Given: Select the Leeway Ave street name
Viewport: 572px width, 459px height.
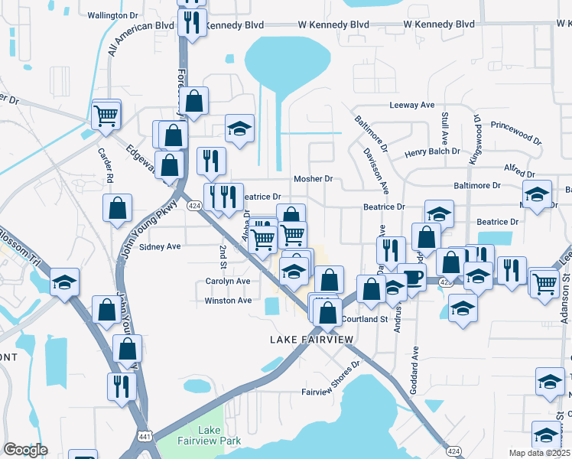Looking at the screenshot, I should pyautogui.click(x=411, y=105).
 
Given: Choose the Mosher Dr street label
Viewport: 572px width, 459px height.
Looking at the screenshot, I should pyautogui.click(x=314, y=179).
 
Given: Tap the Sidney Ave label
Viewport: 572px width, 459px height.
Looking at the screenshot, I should pyautogui.click(x=160, y=247).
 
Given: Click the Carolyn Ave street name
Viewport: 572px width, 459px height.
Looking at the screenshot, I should pyautogui.click(x=228, y=282).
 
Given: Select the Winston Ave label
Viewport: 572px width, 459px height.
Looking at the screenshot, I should pyautogui.click(x=228, y=301).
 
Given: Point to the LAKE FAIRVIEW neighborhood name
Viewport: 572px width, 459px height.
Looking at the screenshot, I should pyautogui.click(x=312, y=339).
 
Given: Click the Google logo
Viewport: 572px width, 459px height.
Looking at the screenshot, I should pyautogui.click(x=25, y=450).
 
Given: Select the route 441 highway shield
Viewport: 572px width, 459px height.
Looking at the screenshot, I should pyautogui.click(x=144, y=435).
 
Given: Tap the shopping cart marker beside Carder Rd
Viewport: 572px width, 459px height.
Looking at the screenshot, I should pyautogui.click(x=106, y=116).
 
